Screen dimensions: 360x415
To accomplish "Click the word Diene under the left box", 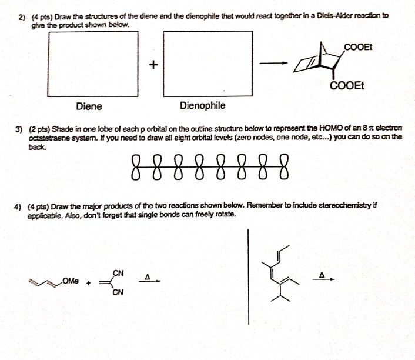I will [x=89, y=106].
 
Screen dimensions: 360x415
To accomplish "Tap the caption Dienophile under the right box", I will [x=202, y=106].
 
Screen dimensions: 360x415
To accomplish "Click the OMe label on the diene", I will [x=71, y=282].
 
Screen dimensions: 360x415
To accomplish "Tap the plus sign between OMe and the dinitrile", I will [x=90, y=284].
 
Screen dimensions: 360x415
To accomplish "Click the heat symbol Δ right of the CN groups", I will [x=149, y=275].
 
